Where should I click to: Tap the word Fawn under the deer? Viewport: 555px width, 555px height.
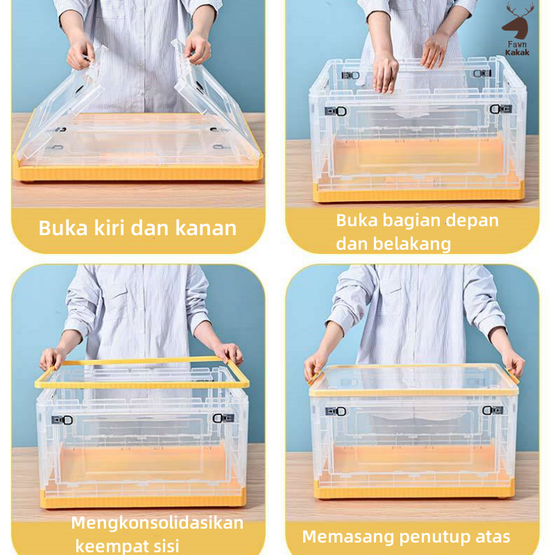click(517, 44)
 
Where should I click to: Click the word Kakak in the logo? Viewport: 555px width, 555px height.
click(517, 53)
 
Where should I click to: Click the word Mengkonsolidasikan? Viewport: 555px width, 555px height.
click(157, 523)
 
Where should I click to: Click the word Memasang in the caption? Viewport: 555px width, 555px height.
click(348, 537)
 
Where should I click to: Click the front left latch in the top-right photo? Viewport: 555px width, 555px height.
click(335, 111)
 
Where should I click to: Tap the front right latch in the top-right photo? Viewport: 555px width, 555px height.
click(500, 109)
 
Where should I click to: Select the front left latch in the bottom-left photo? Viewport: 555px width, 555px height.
click(62, 420)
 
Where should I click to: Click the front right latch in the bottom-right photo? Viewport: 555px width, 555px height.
click(493, 410)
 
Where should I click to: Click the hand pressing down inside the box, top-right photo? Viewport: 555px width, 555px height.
click(385, 74)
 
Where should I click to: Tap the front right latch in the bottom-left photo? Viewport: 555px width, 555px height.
click(223, 418)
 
